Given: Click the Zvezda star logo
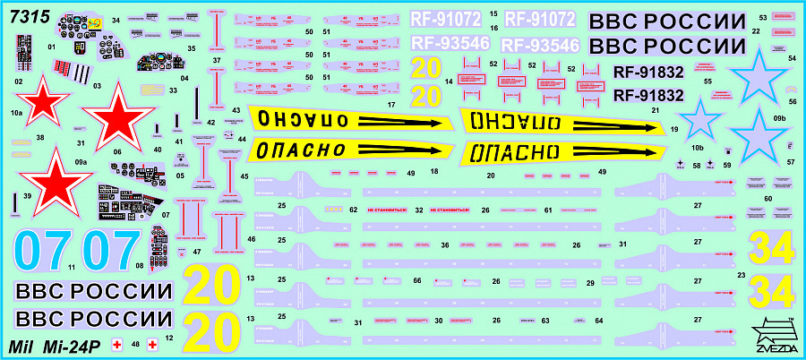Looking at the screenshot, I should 771,334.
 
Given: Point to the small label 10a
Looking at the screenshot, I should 16,114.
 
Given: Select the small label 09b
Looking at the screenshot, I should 779,118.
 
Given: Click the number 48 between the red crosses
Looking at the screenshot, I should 134,343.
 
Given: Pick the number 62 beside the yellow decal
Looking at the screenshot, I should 353,210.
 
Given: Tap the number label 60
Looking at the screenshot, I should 767,198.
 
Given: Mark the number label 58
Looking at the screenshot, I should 696,166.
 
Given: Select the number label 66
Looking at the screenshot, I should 416,281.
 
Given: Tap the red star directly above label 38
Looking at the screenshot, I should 39,101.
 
